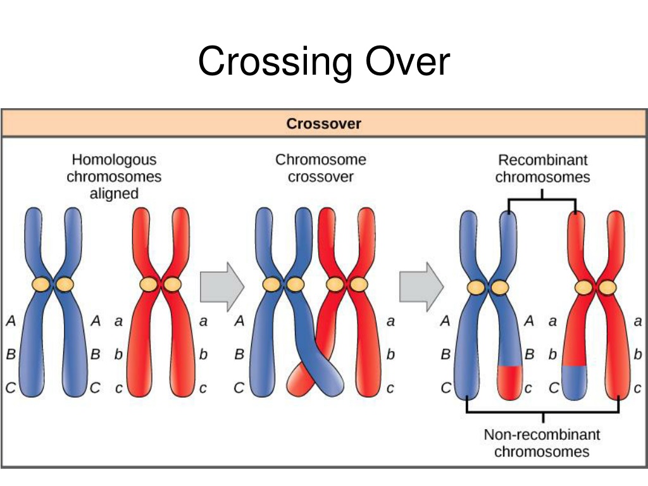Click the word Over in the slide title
point(408,61)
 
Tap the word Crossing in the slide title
point(275,62)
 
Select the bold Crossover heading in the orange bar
point(323,123)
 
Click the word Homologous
point(114,160)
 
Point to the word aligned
point(114,194)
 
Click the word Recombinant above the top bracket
point(542,160)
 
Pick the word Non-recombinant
point(542,434)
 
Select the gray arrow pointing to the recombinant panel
point(421,287)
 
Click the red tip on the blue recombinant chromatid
point(509,382)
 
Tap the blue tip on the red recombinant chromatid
point(575,382)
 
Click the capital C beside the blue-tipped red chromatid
point(553,388)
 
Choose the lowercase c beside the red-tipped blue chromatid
point(528,389)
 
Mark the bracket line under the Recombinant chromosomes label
point(542,199)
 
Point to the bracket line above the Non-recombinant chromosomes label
point(542,412)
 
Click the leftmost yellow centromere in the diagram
point(41,284)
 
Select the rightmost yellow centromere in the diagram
point(607,287)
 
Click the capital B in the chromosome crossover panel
point(239,354)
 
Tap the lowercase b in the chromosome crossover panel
point(390,354)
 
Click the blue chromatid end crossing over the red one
point(329,381)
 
